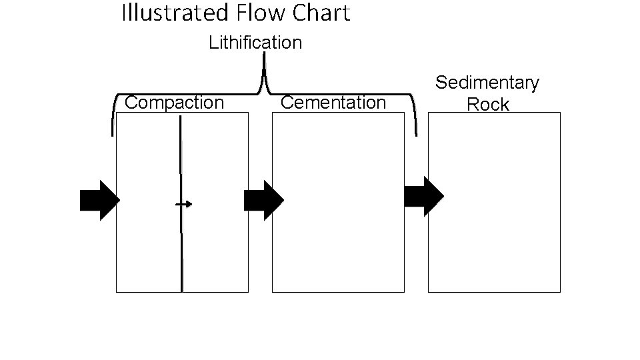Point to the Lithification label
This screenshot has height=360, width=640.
255,43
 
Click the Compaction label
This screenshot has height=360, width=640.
175,103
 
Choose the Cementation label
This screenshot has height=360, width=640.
333,103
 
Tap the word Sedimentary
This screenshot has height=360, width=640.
487,83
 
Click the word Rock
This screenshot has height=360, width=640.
488,105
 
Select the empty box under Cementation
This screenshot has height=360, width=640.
338,202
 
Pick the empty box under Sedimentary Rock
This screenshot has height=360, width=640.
494,202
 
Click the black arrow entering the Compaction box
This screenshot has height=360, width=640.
99,200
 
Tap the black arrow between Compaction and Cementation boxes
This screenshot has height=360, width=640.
263,200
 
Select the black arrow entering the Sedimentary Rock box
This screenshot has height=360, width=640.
424,196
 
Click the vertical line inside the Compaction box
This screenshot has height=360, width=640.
181,253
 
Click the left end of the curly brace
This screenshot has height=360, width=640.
113,133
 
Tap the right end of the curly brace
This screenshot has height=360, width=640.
417,133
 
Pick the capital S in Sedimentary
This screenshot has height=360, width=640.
441,83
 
